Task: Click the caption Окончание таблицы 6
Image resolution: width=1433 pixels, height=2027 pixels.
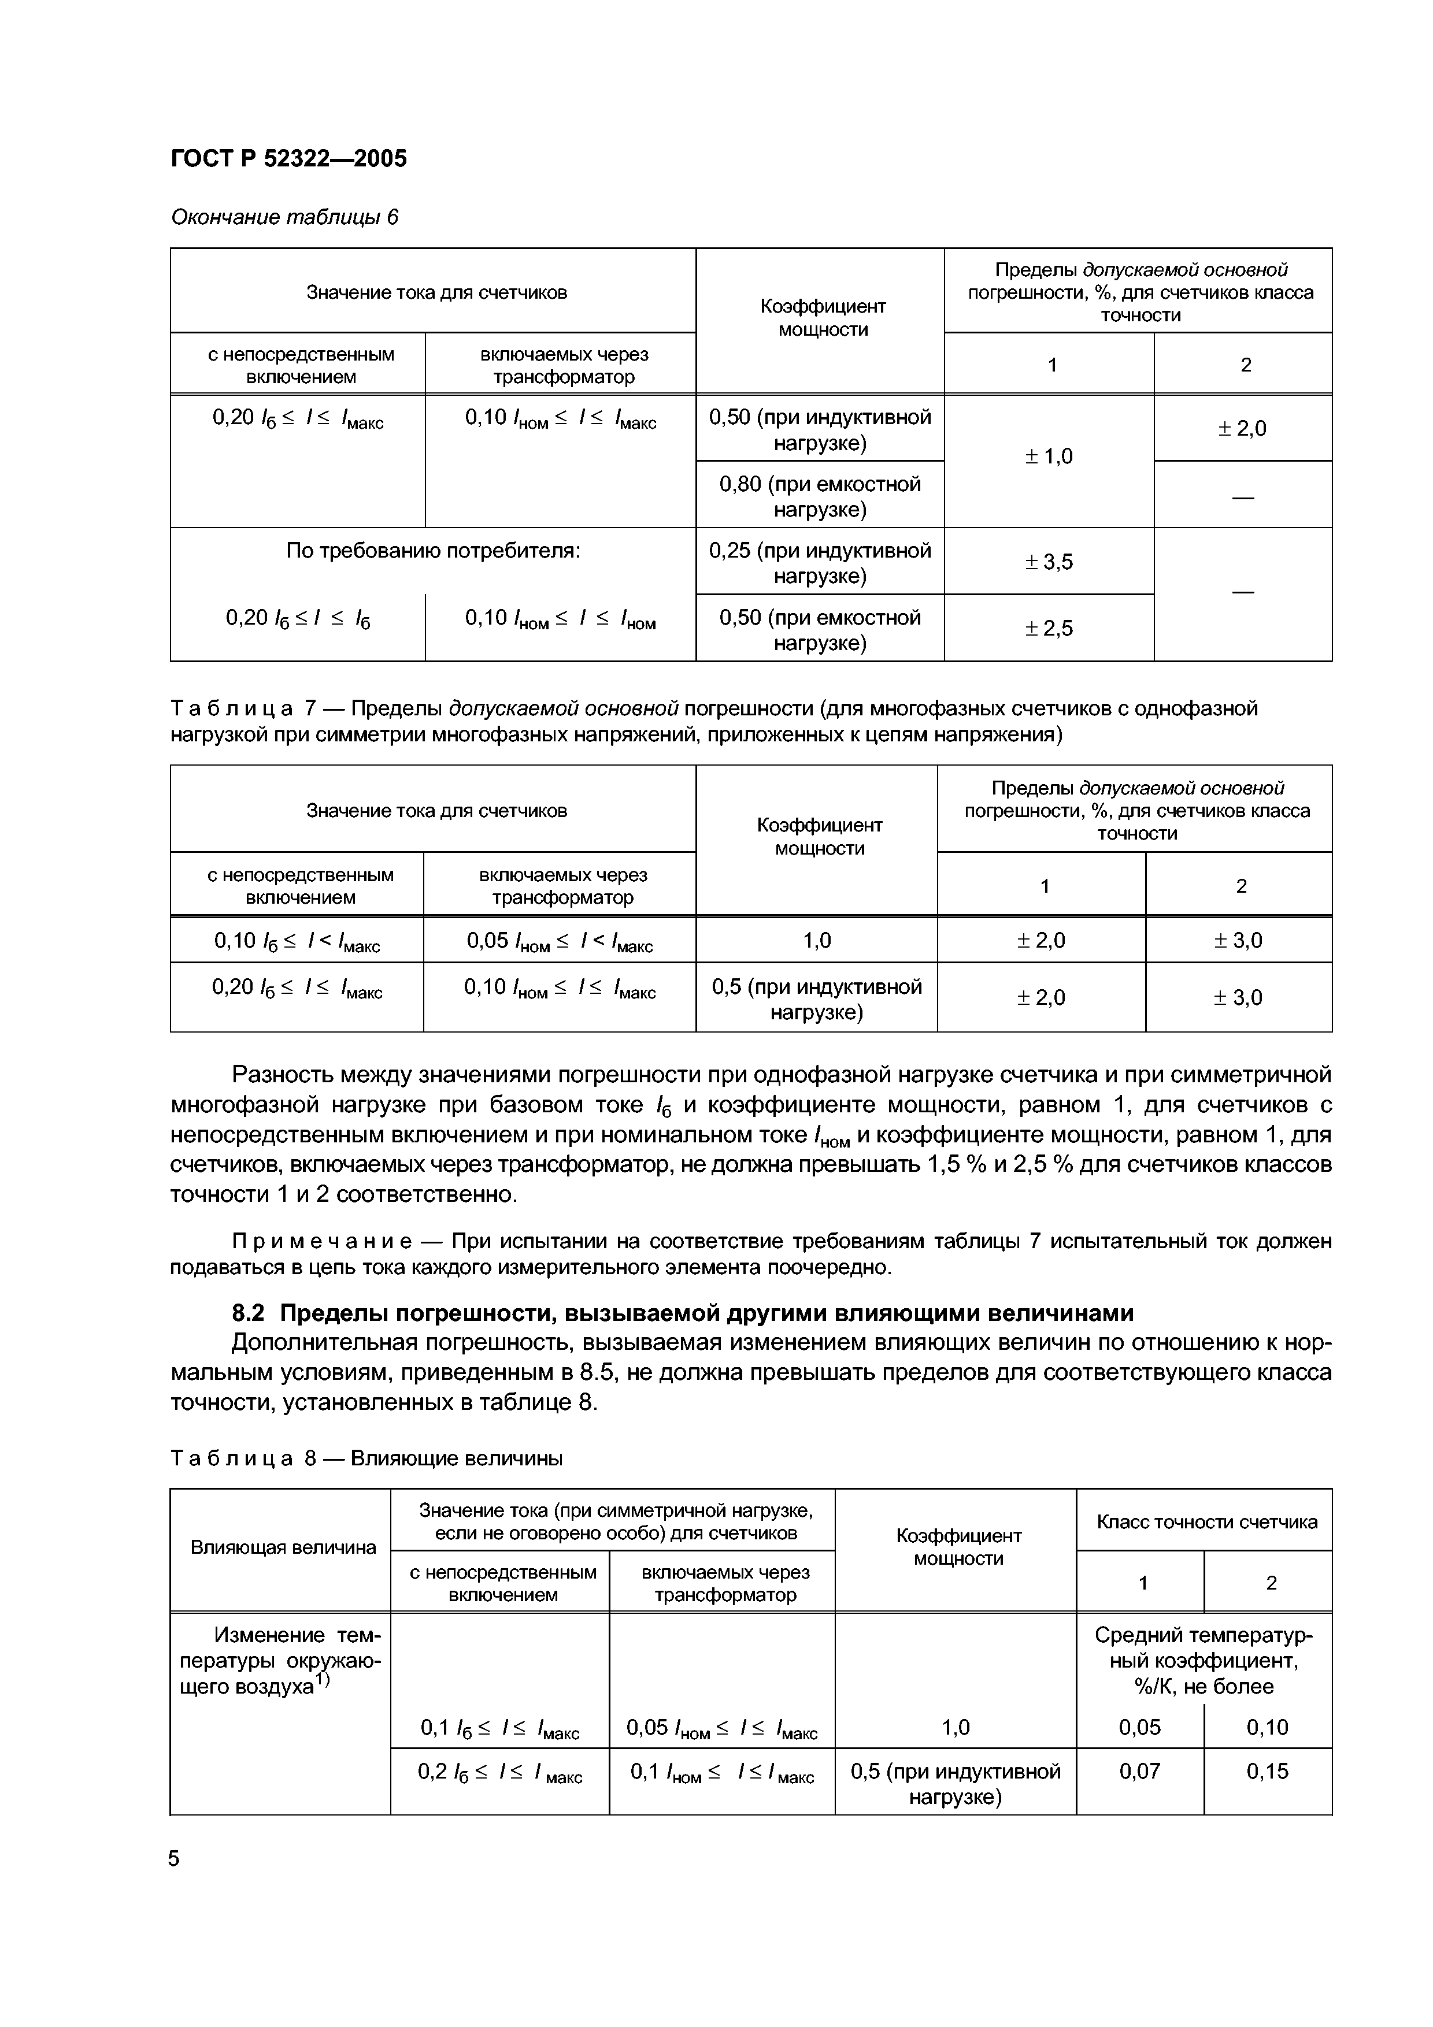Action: (x=284, y=217)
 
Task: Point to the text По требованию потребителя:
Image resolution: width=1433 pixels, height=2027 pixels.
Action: (x=432, y=551)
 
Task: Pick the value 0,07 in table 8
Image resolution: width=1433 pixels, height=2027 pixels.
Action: (x=1139, y=1772)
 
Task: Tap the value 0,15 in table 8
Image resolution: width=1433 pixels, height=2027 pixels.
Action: (x=1267, y=1772)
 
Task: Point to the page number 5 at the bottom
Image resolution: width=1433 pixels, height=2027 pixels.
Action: (x=174, y=1859)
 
